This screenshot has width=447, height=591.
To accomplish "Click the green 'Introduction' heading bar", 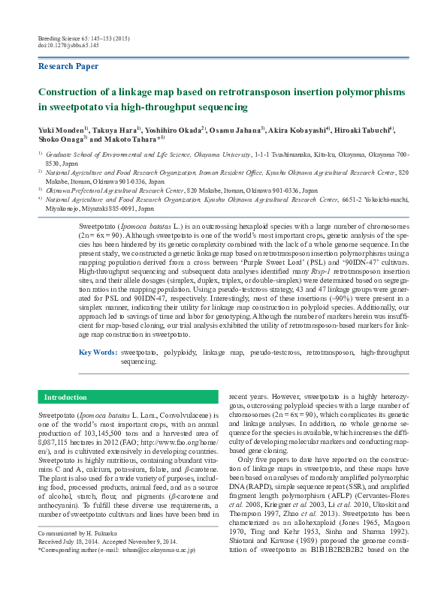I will pos(66,397).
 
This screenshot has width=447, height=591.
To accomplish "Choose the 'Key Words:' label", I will pos(98,352).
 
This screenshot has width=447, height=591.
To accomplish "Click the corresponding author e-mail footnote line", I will pos(116,571).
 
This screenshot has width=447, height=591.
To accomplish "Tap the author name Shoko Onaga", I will pos(61,139).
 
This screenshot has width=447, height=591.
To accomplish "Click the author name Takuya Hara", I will pos(117,129).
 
